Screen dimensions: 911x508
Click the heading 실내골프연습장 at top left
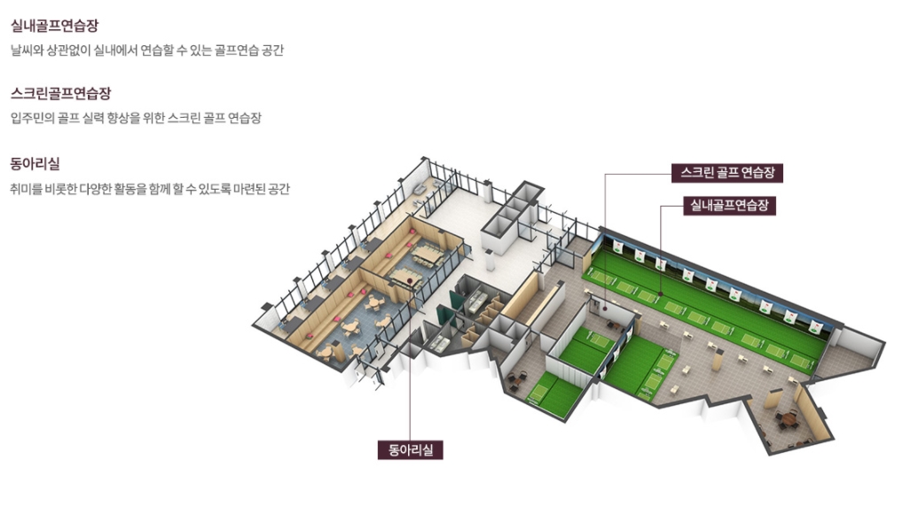tap(54, 26)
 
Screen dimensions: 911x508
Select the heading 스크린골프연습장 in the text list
tap(60, 93)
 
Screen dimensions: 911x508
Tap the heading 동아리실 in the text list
tap(35, 164)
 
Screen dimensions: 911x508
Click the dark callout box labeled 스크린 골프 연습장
tap(726, 172)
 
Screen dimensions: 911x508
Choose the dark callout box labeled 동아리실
tap(410, 449)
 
